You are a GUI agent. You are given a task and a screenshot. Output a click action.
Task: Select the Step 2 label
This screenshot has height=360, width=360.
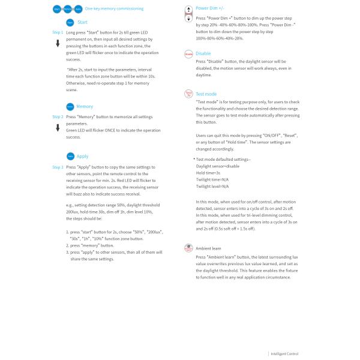tap(58, 117)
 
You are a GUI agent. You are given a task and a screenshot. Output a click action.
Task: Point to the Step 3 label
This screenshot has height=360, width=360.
tap(58, 167)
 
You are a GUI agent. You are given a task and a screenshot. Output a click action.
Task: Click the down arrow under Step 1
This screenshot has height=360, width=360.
tap(58, 43)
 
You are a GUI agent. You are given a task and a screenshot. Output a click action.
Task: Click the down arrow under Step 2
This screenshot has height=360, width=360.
tap(58, 128)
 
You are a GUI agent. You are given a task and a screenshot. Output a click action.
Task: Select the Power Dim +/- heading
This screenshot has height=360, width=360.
tap(209, 8)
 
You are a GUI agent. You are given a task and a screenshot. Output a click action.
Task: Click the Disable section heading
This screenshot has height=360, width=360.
tap(203, 53)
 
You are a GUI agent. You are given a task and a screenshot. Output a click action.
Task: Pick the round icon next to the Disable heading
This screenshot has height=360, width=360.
tap(189, 53)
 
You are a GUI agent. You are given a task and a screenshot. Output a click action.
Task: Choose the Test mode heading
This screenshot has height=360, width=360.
tap(206, 94)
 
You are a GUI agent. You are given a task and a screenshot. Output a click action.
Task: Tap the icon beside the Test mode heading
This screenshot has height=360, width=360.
tap(189, 94)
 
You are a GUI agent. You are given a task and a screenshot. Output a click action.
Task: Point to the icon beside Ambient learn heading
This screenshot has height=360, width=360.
tap(189, 248)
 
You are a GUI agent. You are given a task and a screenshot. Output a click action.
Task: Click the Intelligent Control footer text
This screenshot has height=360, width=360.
tap(285, 354)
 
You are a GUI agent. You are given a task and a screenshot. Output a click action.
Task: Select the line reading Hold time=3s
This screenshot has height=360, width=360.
tap(208, 172)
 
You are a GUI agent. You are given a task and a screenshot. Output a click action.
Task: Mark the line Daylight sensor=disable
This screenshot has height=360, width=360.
tap(217, 166)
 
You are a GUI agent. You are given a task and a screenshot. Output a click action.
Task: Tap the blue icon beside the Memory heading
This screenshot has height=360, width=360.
tap(70, 106)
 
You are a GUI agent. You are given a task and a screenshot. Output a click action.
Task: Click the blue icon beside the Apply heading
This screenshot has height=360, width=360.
tap(70, 156)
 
